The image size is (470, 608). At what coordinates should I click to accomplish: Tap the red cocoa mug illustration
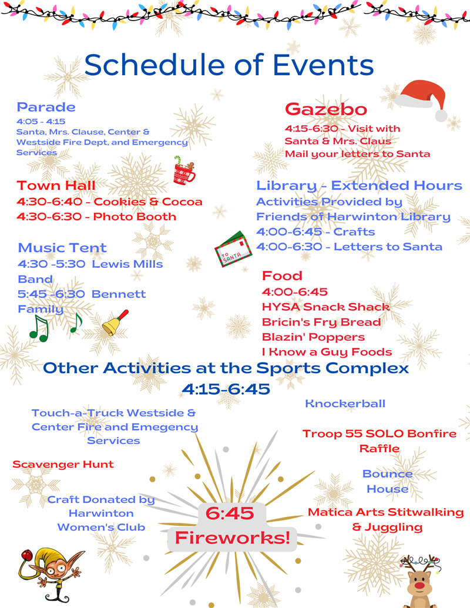point(183,172)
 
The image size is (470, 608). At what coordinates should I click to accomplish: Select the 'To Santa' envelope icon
point(233,249)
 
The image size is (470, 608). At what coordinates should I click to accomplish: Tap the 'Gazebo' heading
point(326,109)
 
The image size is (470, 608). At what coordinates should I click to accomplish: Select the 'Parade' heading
point(46,107)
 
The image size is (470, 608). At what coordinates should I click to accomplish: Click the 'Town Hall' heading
point(56,186)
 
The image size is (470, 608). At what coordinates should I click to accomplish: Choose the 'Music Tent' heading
point(62,248)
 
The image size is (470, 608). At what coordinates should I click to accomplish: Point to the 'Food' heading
point(282,276)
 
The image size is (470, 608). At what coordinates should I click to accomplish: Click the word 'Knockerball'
point(345,404)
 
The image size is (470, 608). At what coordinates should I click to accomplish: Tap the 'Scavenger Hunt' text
point(63,464)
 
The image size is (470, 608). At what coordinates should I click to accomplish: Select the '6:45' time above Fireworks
point(229,513)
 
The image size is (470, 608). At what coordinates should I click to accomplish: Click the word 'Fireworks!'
point(233,537)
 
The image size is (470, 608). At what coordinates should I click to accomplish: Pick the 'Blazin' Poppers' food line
point(313,337)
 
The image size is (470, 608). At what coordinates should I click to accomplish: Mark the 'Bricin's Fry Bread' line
point(321,322)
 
